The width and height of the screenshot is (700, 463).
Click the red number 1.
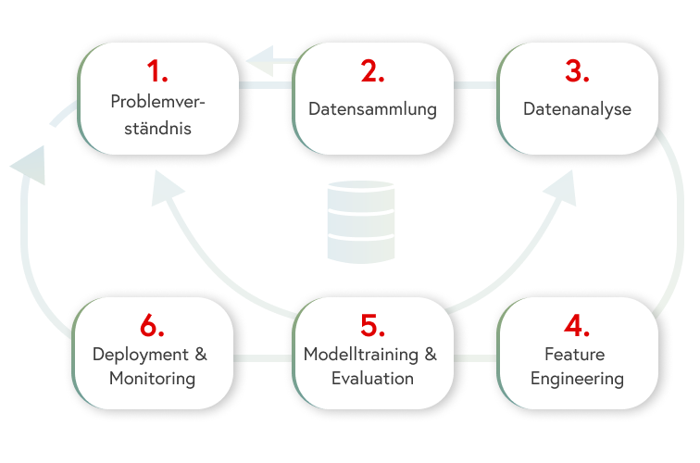tap(156, 72)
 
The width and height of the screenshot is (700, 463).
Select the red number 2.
tap(372, 72)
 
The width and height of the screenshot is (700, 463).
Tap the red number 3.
tap(577, 72)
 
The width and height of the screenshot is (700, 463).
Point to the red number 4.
tap(578, 326)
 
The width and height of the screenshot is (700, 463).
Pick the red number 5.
tap(372, 326)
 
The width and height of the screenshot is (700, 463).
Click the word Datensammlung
tap(372, 109)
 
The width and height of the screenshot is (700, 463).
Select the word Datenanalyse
tap(577, 109)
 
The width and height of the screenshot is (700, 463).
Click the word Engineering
tap(578, 379)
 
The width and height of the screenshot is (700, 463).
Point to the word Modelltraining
tap(362, 355)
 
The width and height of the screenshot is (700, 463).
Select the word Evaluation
tap(372, 379)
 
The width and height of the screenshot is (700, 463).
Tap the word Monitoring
tap(152, 379)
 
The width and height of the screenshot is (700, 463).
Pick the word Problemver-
tap(156, 101)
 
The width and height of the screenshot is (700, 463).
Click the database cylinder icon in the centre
tap(361, 220)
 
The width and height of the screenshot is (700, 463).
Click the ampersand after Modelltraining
tap(430, 355)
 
